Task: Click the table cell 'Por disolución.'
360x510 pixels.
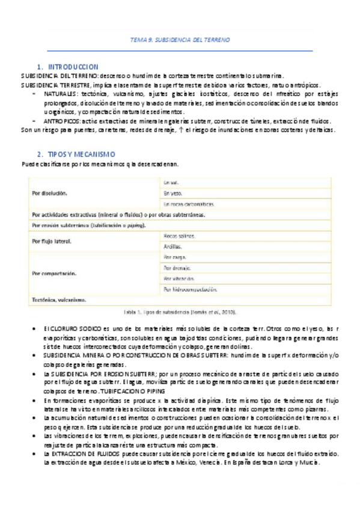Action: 49,193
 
